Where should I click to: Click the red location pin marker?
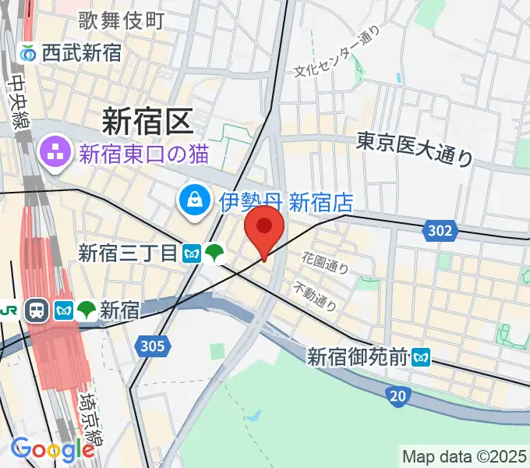pos(263,228)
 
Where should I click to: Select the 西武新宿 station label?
pos(82,53)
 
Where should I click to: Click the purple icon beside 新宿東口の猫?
pos(55,152)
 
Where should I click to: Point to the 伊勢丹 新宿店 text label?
pos(285,204)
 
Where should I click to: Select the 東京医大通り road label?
pos(415,148)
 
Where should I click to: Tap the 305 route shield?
pos(154,346)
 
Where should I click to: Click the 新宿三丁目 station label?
pos(129,253)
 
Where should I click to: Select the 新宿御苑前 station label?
pos(358,357)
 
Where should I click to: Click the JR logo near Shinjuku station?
pos(9,310)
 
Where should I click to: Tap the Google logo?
pos(52,449)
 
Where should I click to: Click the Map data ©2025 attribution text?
pos(464,456)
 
